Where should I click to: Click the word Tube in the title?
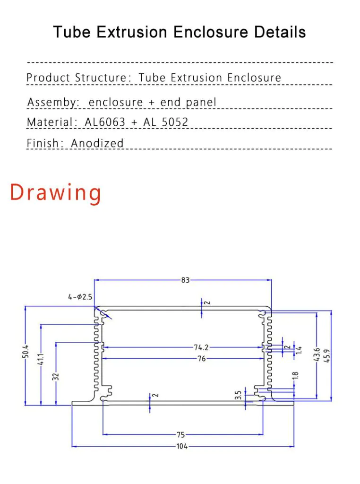tap(71, 32)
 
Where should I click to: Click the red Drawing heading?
tap(56, 193)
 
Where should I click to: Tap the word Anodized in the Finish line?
tap(97, 143)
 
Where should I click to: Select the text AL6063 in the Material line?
tap(105, 122)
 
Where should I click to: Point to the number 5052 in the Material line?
tap(175, 122)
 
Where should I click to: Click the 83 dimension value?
tap(185, 280)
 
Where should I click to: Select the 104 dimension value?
tap(182, 446)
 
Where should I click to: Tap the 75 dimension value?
tap(181, 435)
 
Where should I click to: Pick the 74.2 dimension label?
tap(201, 347)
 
